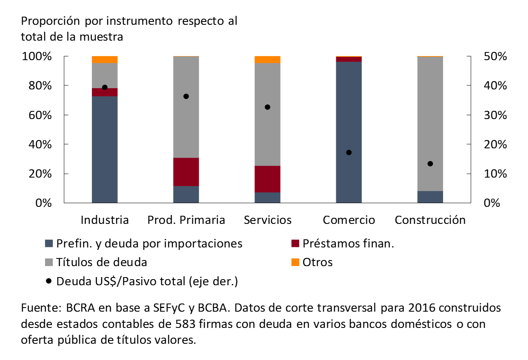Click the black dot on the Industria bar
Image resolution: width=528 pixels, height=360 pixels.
104,87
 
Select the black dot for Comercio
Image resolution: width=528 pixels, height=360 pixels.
349,152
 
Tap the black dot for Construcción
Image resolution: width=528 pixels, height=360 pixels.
430,164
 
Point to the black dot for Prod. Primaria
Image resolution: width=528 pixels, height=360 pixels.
186,96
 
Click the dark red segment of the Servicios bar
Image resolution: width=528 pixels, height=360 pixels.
267,179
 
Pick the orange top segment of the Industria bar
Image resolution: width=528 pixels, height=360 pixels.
104,60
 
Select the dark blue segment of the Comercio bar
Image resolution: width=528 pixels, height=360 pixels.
349,132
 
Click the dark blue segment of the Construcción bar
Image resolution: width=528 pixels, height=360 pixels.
430,197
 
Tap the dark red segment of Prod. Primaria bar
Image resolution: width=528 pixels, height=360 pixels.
186,172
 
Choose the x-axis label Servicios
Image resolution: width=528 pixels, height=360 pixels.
267,220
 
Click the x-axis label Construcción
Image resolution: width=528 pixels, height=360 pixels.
430,220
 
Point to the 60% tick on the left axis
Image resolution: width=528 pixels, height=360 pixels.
39,115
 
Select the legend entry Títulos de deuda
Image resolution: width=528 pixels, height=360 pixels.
102,262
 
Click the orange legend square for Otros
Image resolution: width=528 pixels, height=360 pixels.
296,262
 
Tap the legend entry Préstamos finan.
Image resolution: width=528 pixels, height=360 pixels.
348,243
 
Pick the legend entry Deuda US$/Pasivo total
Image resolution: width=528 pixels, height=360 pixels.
147,281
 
